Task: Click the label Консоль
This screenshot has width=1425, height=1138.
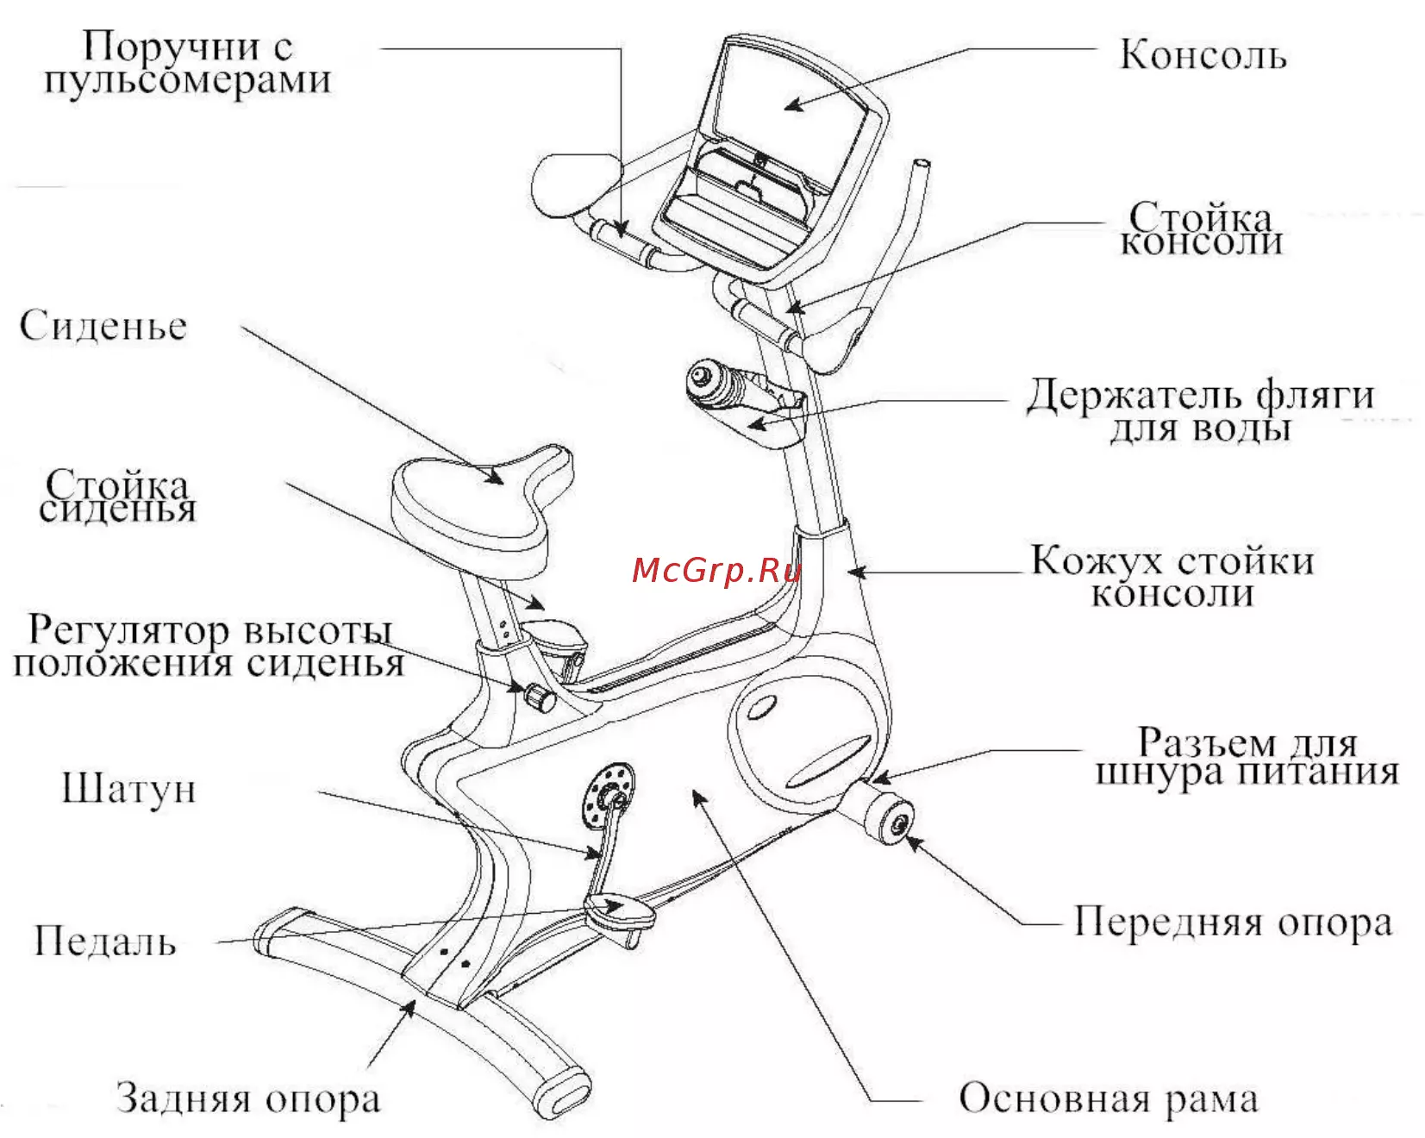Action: (x=1202, y=55)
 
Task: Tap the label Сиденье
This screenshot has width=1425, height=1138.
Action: (x=103, y=327)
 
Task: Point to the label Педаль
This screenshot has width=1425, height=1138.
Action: (x=105, y=941)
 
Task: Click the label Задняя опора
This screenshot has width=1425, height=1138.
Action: (x=248, y=1099)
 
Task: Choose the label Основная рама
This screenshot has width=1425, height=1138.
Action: (x=1108, y=1099)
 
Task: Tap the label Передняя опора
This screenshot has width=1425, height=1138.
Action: (x=1233, y=922)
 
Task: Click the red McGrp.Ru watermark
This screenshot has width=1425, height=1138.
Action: (x=716, y=571)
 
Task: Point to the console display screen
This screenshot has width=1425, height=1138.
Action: (x=789, y=103)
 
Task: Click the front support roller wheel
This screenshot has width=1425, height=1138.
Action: (x=888, y=815)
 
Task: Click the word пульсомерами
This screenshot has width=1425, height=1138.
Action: (x=188, y=80)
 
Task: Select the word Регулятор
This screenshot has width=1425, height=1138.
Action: (x=129, y=630)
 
